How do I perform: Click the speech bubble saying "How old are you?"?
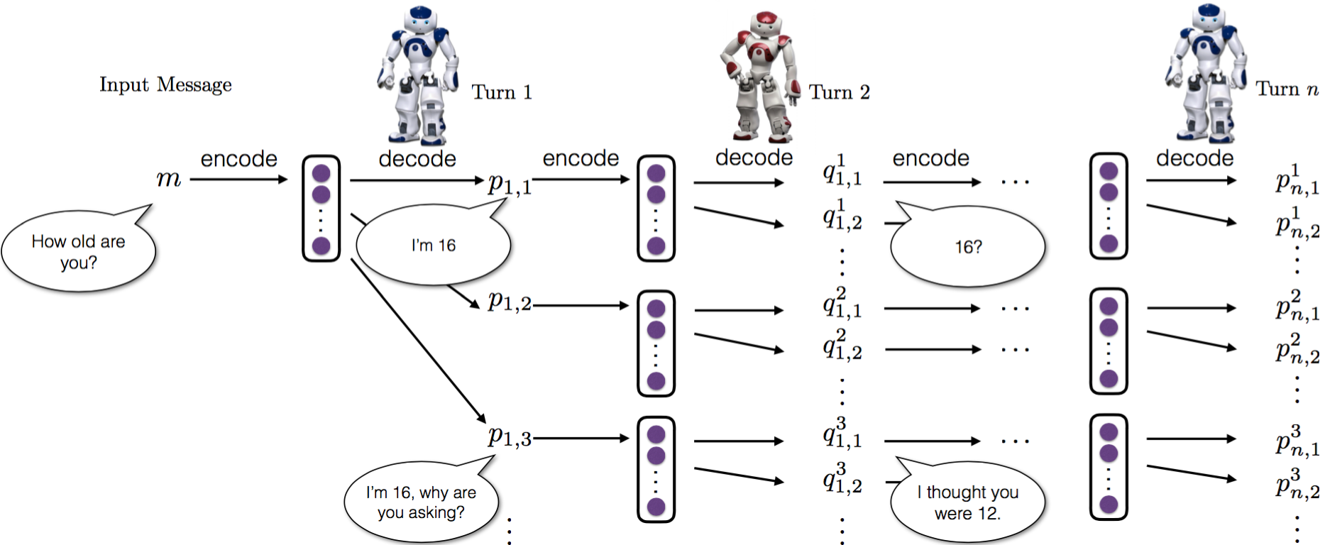pyautogui.click(x=78, y=252)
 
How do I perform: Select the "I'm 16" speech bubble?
pyautogui.click(x=433, y=246)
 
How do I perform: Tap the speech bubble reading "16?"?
pyautogui.click(x=968, y=247)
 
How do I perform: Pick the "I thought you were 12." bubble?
pyautogui.click(x=967, y=502)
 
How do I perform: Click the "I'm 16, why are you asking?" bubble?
pyautogui.click(x=421, y=502)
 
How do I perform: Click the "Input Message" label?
pyautogui.click(x=165, y=84)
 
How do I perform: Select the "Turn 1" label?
pyautogui.click(x=502, y=92)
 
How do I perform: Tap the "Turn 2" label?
pyautogui.click(x=839, y=92)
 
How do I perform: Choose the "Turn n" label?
pyautogui.click(x=1287, y=89)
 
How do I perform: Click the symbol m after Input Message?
pyautogui.click(x=169, y=178)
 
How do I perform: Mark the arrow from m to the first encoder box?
pyautogui.click(x=238, y=179)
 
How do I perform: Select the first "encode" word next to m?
pyautogui.click(x=238, y=158)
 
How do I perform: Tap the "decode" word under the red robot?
pyautogui.click(x=754, y=158)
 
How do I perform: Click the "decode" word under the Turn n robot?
pyautogui.click(x=1194, y=158)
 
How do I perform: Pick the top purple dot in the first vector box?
pyautogui.click(x=321, y=172)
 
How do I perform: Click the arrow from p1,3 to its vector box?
pyautogui.click(x=581, y=439)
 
